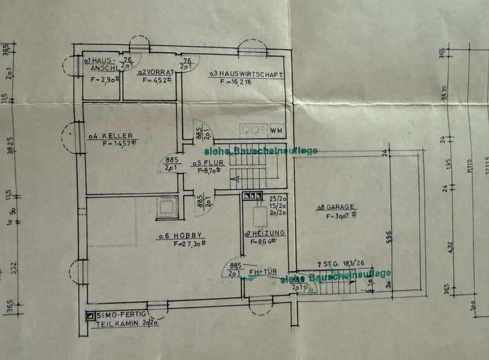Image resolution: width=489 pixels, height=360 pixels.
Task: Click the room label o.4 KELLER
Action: tap(109, 135)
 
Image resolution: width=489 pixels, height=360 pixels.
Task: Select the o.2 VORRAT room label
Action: tap(157, 72)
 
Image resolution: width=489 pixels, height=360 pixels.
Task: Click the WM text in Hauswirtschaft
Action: tap(276, 129)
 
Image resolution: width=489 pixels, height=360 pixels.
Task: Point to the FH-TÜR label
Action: tap(262, 272)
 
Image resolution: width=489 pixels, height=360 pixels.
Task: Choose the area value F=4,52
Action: tap(158, 81)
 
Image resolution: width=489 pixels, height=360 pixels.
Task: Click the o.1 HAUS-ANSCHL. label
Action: tap(103, 65)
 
